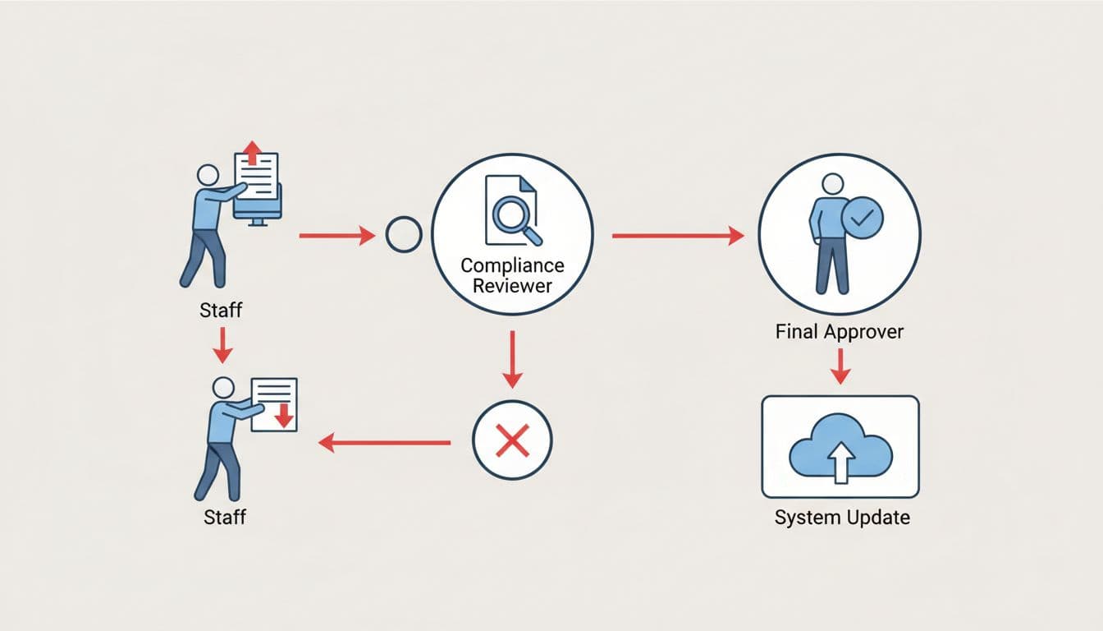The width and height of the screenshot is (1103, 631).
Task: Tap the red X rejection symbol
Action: [513, 442]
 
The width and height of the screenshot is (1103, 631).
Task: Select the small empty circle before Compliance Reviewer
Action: [403, 236]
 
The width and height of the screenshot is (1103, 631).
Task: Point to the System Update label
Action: [842, 518]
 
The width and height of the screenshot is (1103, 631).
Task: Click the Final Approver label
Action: [840, 332]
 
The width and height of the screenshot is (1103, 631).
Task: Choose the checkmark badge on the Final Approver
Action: [863, 219]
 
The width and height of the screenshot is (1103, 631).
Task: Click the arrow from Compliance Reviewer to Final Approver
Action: [677, 236]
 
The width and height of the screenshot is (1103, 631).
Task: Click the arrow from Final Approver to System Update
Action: [839, 366]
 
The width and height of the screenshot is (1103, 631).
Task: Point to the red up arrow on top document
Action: [253, 152]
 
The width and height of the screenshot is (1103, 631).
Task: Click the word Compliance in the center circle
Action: [512, 266]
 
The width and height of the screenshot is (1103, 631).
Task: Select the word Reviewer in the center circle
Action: [512, 286]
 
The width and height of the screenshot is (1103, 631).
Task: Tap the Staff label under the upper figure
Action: [222, 311]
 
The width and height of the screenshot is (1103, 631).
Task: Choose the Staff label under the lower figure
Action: [223, 518]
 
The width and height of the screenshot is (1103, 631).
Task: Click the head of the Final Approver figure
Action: [832, 183]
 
